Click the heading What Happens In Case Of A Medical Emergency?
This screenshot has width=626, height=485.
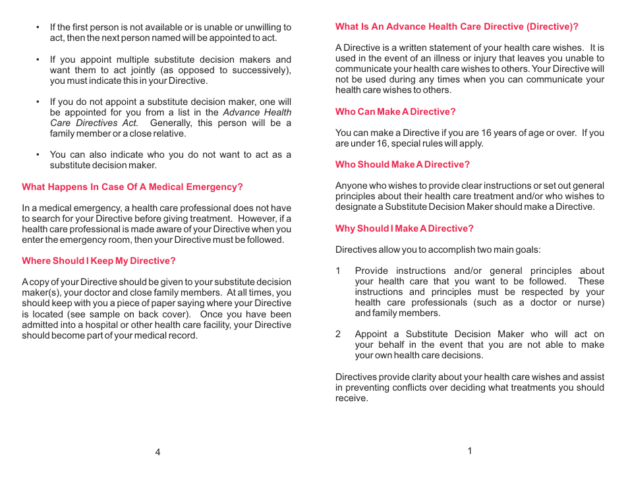point(132,187)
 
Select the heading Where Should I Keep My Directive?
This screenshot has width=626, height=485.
point(99,261)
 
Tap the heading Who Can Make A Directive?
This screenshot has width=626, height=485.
point(395,112)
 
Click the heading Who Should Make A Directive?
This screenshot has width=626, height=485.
point(403,164)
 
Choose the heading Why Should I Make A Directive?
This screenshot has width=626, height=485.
point(405,228)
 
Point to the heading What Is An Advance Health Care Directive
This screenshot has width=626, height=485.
point(457,27)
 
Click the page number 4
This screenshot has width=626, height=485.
point(157,452)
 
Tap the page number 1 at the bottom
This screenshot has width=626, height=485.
point(470,451)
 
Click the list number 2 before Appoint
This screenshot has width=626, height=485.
point(338,334)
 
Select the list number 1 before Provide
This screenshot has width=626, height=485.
point(338,271)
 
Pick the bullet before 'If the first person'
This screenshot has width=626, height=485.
point(38,28)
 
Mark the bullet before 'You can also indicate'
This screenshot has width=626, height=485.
point(38,155)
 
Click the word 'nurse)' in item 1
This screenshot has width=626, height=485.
point(590,302)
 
